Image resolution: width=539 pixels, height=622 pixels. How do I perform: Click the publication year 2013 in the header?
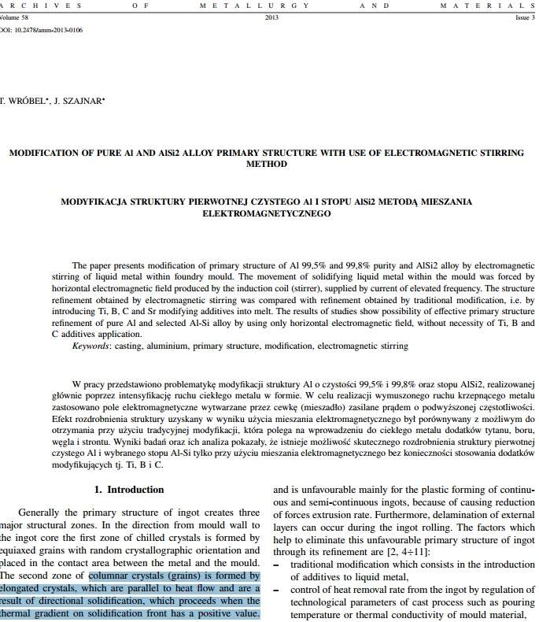coord(272,17)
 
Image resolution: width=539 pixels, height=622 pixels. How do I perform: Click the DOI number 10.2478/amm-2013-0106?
coord(49,30)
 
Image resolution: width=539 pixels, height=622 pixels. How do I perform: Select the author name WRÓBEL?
coord(31,101)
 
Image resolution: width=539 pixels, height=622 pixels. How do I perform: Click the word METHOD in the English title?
coord(266,165)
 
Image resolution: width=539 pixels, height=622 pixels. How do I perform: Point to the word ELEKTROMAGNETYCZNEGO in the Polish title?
coord(266,213)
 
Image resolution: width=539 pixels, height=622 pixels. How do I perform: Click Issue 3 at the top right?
coord(525,17)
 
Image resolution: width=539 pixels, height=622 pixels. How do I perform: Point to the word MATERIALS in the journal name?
coord(499,5)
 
